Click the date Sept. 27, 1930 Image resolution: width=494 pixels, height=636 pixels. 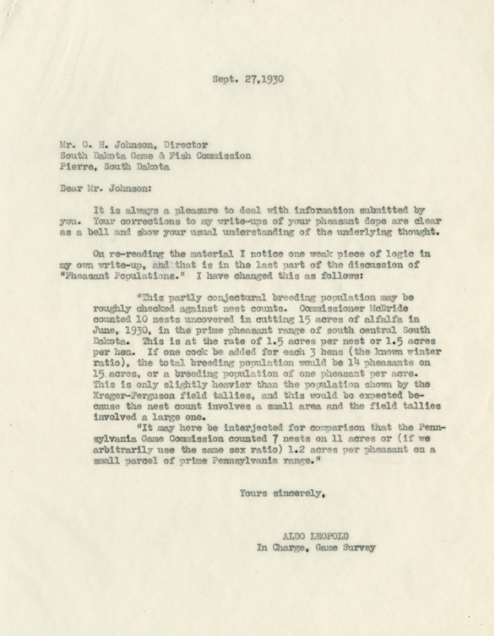click(248, 79)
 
